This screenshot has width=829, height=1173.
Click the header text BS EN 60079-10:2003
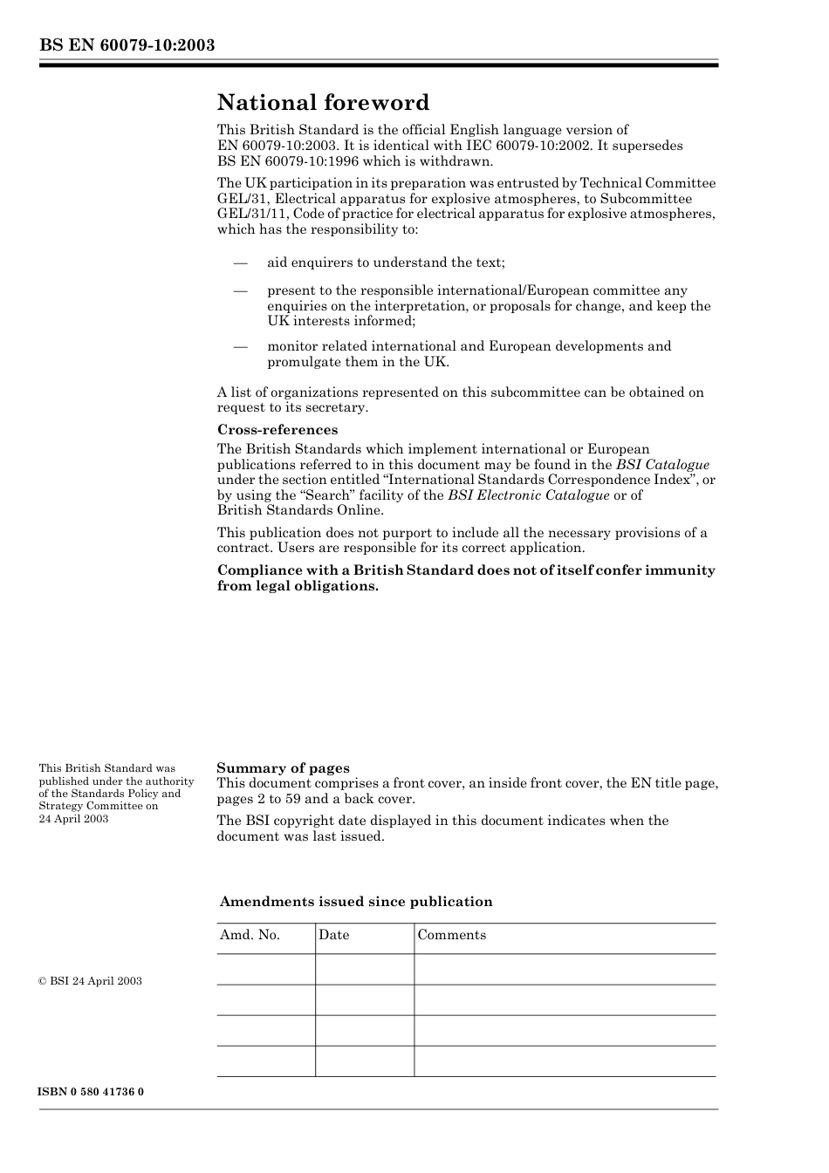(x=127, y=45)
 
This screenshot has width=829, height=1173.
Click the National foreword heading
(x=323, y=103)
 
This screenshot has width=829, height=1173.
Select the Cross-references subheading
(x=277, y=430)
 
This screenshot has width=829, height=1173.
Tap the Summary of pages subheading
(x=283, y=768)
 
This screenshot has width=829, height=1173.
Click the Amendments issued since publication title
(x=356, y=902)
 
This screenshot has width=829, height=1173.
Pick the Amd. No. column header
(x=250, y=935)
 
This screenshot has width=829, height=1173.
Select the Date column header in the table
(x=333, y=935)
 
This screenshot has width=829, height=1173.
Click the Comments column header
(x=451, y=935)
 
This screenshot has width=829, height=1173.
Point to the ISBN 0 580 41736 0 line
(x=91, y=1092)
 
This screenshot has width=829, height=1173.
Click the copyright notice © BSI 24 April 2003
(x=90, y=981)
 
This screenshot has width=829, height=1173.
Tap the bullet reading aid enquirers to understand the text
(x=386, y=263)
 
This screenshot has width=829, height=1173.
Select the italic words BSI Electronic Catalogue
(x=528, y=495)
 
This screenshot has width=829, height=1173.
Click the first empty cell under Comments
(x=565, y=969)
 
